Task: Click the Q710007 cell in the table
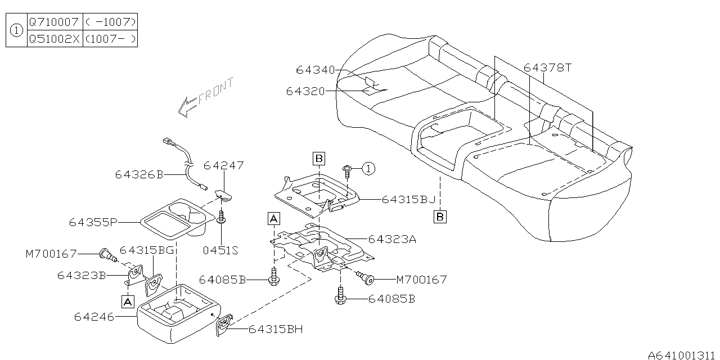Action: click(x=55, y=22)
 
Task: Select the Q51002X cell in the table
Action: click(x=55, y=39)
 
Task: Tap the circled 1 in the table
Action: click(x=17, y=30)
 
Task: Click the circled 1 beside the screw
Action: click(x=367, y=168)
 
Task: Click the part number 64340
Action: click(x=315, y=70)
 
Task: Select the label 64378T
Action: click(x=547, y=67)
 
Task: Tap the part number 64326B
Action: click(x=139, y=175)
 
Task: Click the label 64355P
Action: click(x=93, y=222)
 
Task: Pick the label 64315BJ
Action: click(x=408, y=199)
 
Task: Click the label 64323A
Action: click(x=392, y=239)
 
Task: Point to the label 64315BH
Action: click(x=275, y=329)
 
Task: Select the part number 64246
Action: click(x=94, y=317)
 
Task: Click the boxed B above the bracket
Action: click(x=319, y=159)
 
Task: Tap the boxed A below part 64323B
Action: click(x=128, y=302)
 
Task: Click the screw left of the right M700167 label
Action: click(x=370, y=277)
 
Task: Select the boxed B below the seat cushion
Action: click(x=440, y=216)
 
